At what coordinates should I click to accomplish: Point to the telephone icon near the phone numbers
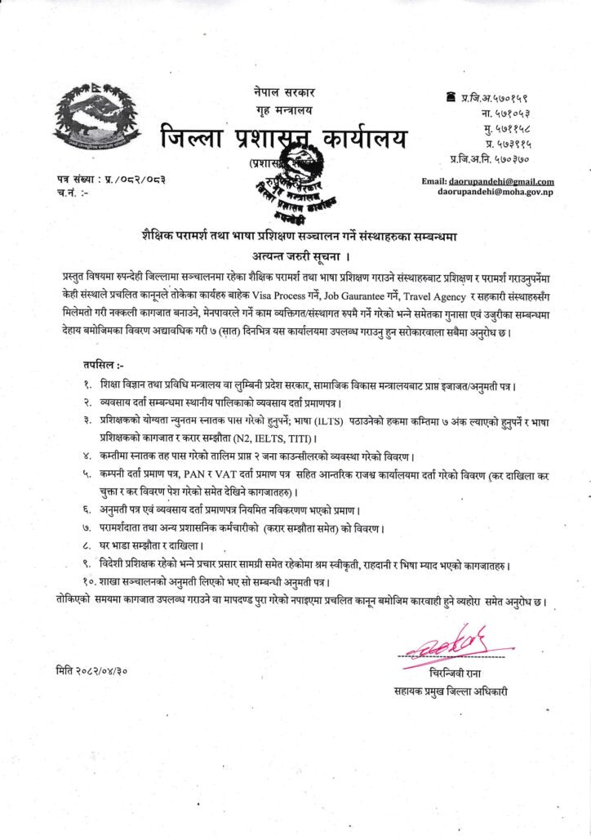[451, 97]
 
